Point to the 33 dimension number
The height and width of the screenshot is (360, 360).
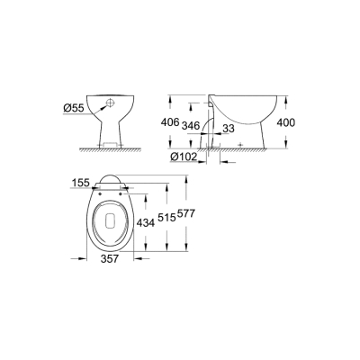(230, 128)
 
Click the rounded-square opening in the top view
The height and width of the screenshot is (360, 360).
(108, 218)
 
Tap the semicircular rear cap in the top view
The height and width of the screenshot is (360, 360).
(107, 176)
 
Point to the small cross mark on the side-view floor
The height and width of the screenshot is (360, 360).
(238, 144)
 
